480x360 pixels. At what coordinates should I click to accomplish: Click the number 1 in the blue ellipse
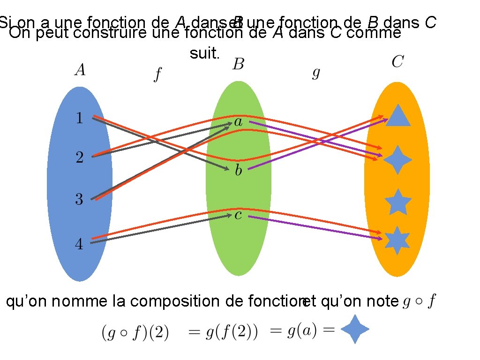[x=79, y=118]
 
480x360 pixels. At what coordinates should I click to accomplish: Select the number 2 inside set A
[x=79, y=157]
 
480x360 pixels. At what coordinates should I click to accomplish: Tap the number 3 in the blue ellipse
[x=79, y=200]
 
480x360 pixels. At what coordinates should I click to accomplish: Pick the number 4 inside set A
[x=79, y=244]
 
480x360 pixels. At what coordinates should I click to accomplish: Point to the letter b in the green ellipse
[x=238, y=170]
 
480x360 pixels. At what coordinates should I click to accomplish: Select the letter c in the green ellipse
[x=238, y=216]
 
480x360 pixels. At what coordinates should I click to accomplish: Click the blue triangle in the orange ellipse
[x=398, y=116]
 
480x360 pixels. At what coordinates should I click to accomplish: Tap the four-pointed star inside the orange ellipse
[x=397, y=160]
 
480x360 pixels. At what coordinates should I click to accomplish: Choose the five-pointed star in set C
[x=398, y=202]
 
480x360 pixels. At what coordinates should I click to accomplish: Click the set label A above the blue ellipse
[x=80, y=70]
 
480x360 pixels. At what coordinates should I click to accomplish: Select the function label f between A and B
[x=157, y=75]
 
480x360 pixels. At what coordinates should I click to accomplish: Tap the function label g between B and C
[x=316, y=73]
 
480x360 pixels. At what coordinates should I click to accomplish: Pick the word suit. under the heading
[x=204, y=54]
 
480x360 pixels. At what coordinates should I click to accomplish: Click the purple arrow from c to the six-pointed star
[x=314, y=227]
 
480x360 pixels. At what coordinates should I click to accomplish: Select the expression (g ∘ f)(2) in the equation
[x=135, y=333]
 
